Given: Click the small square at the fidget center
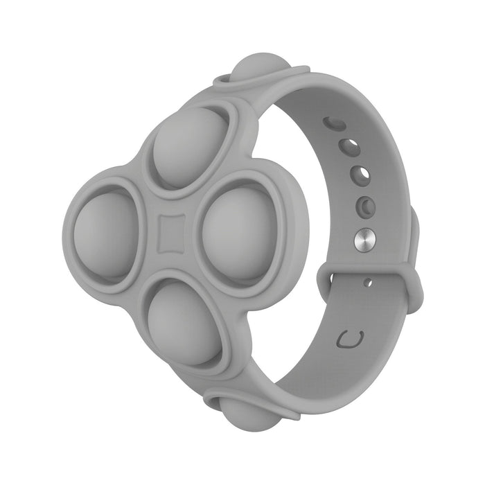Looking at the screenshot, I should (x=169, y=235).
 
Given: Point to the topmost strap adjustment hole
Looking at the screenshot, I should (x=334, y=123).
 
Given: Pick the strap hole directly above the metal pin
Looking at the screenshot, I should (x=364, y=206).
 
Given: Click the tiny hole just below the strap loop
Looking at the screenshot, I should (x=368, y=282).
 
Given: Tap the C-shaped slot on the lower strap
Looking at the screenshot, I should (x=353, y=339).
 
